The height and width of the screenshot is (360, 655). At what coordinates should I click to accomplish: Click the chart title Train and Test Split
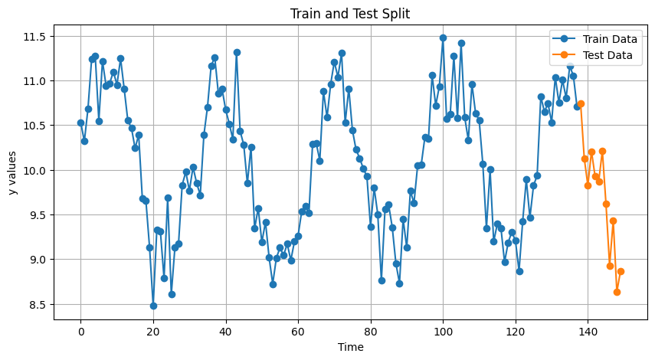click(350, 14)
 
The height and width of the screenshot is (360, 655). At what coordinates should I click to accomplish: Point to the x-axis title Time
click(350, 347)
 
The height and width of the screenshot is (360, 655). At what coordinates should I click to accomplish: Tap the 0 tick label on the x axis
click(80, 331)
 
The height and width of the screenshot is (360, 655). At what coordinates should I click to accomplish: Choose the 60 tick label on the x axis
click(298, 331)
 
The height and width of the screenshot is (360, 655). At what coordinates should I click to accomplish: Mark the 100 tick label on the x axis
click(443, 331)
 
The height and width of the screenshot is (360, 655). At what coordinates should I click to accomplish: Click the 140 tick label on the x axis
click(588, 331)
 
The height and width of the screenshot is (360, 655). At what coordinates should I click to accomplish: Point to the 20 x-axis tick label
click(153, 331)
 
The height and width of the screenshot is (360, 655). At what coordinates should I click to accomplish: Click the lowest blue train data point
click(153, 306)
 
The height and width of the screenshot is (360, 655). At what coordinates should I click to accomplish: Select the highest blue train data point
click(443, 38)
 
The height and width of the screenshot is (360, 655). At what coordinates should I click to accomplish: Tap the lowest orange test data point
click(617, 292)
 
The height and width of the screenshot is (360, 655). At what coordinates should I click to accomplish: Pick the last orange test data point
click(621, 271)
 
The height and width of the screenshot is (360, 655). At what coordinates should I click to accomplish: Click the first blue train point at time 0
click(80, 123)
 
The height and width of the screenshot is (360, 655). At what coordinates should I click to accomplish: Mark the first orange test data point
click(581, 103)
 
